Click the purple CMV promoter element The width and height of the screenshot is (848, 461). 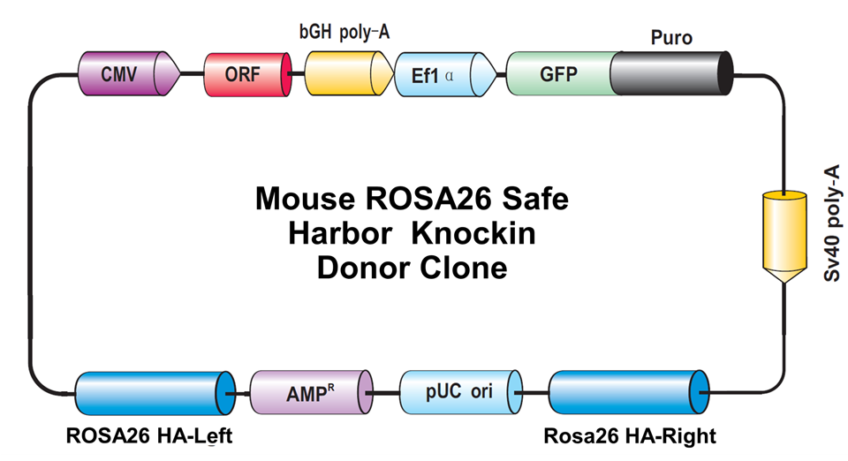coord(129,73)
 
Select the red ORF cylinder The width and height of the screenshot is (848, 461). coord(247,74)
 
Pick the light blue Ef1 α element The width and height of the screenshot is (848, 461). coord(445,74)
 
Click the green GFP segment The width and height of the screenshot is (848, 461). coord(560,73)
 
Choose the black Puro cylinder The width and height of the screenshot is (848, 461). coord(671,73)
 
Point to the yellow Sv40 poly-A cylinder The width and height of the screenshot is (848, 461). coord(784,237)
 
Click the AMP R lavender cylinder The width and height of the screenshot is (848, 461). coord(312,392)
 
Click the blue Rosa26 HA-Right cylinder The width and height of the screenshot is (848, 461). coord(629,392)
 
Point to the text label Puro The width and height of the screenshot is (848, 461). coord(671,38)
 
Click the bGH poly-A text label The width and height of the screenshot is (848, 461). coord(344,32)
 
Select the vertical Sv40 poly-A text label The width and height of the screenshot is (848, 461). coord(832,223)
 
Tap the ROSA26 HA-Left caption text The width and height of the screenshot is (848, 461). coord(149,435)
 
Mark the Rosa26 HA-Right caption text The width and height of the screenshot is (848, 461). coord(630,435)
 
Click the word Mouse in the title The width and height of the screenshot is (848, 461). coord(306,199)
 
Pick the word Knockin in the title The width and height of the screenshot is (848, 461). coord(473,233)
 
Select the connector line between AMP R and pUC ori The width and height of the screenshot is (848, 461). coord(386,393)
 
